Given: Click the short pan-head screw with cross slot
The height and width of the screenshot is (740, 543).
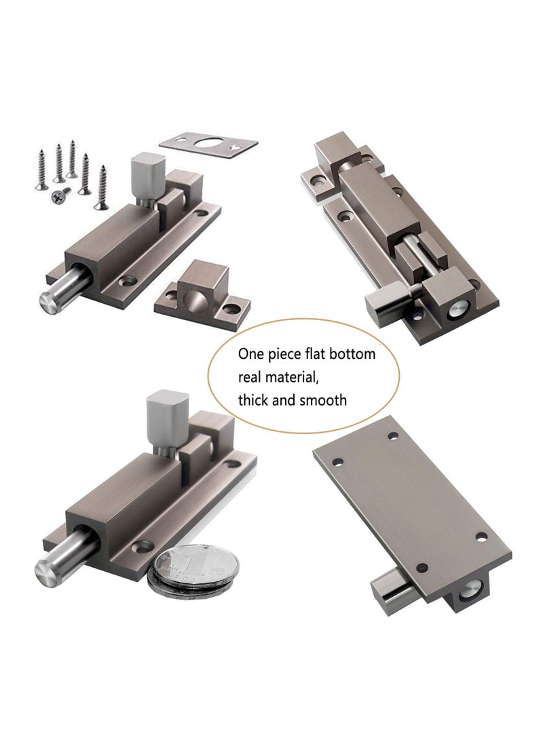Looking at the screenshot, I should pyautogui.click(x=58, y=195).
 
